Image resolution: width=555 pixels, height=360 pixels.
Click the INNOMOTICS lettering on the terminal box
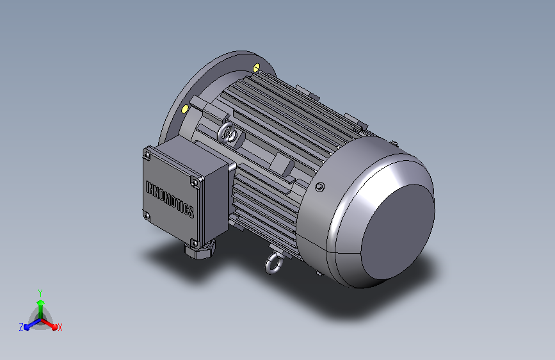click(x=170, y=199)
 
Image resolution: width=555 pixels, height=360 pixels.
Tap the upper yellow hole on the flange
click(x=257, y=67)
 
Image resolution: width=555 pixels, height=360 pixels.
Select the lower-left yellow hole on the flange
click(x=185, y=108)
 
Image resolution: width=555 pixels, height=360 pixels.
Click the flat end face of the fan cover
click(x=398, y=232)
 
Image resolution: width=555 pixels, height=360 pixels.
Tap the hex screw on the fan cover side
click(x=319, y=187)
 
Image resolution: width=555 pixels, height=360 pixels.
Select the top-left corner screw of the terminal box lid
click(x=147, y=155)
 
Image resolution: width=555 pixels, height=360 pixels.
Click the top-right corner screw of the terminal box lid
click(x=195, y=183)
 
